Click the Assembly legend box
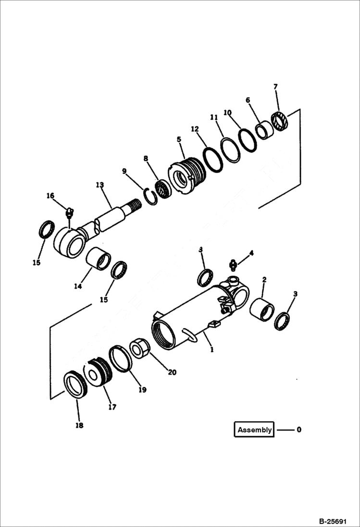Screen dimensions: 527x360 point(254,430)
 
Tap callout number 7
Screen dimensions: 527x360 point(275,87)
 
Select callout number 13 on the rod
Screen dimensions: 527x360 point(99,185)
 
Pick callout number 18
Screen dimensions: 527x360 point(79,425)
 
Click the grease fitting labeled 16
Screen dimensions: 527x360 point(69,212)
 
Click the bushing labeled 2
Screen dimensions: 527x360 point(262,309)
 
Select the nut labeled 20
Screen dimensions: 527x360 point(140,348)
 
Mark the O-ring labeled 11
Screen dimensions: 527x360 point(230,149)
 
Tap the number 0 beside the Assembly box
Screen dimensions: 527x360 point(299,430)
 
